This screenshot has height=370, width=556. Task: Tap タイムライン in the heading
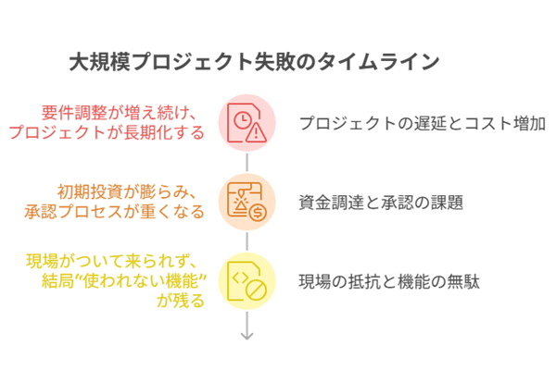(x=388, y=63)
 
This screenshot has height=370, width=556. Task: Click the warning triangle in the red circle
(x=256, y=132)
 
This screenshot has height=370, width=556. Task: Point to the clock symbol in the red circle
(x=241, y=119)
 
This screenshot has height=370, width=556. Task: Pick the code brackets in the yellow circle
(x=240, y=275)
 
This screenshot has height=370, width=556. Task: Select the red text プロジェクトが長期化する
(x=107, y=132)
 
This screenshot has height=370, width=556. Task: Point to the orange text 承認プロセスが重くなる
(x=114, y=211)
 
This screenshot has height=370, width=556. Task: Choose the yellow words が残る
(x=181, y=300)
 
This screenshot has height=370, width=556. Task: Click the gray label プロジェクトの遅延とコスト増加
(x=422, y=123)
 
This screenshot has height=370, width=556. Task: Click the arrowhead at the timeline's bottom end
(x=247, y=334)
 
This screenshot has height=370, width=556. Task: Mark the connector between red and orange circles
(x=247, y=163)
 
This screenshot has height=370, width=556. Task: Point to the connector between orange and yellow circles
(x=247, y=242)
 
